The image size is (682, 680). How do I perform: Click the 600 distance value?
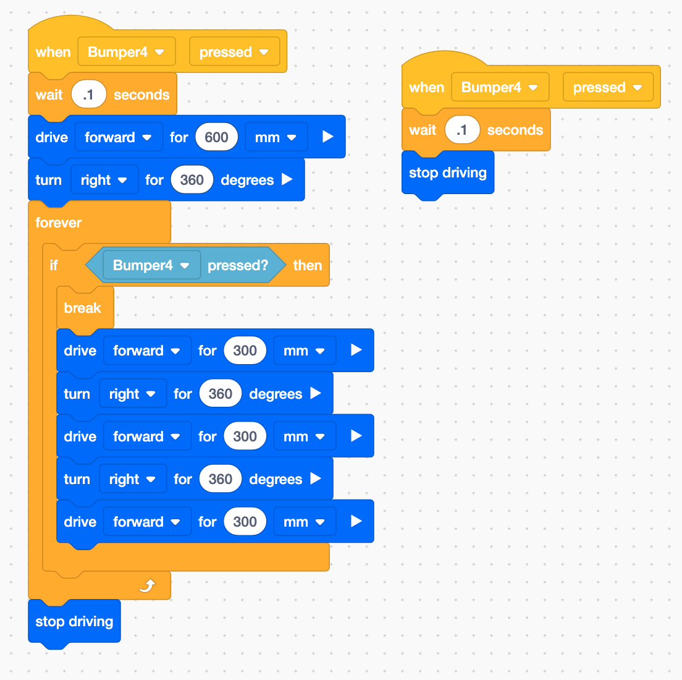coord(216,137)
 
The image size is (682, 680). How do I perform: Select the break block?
coord(83,308)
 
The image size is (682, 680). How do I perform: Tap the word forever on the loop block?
coord(59,223)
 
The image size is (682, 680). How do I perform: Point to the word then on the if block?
coord(308,265)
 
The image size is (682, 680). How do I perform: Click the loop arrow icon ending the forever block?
coord(147,585)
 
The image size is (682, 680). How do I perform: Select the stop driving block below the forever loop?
coord(74,621)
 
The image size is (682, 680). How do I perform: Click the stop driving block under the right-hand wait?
coord(447,172)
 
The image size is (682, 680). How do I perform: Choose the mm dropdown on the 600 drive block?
coord(276,137)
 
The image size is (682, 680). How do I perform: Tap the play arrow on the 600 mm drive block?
coord(328,137)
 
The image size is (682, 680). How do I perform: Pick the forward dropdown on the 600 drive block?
coord(118,137)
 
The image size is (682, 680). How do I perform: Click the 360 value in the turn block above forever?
coord(192,180)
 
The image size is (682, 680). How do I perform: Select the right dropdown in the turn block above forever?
coord(104,180)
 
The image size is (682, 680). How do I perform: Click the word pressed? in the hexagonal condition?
coord(238,265)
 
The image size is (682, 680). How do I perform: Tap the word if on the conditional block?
coord(54,265)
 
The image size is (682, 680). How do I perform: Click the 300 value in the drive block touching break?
coord(245,351)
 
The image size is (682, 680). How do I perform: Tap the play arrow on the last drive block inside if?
coord(356,521)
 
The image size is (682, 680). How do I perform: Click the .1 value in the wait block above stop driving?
coord(461,130)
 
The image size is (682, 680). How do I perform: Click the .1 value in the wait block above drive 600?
coord(88,95)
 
